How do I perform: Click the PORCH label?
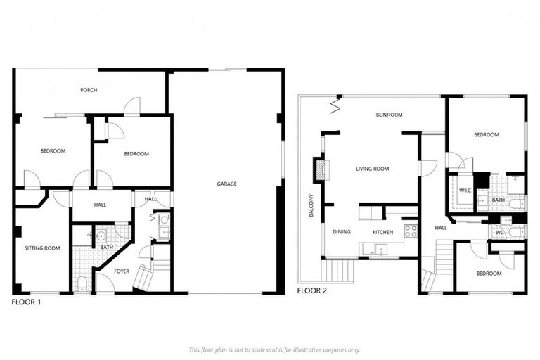click(x=89, y=90)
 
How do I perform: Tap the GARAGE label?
click(x=226, y=184)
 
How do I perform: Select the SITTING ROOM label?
click(x=42, y=248)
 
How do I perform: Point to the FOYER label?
click(x=121, y=271)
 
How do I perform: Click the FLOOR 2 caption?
click(x=311, y=290)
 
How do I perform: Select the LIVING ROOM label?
click(x=372, y=169)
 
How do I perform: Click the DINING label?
click(x=342, y=231)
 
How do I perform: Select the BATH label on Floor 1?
click(x=107, y=247)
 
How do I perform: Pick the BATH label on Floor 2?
click(x=499, y=200)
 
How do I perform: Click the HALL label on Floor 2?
click(x=441, y=228)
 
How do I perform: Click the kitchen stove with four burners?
click(x=411, y=229)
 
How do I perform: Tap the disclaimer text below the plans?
click(x=274, y=349)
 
